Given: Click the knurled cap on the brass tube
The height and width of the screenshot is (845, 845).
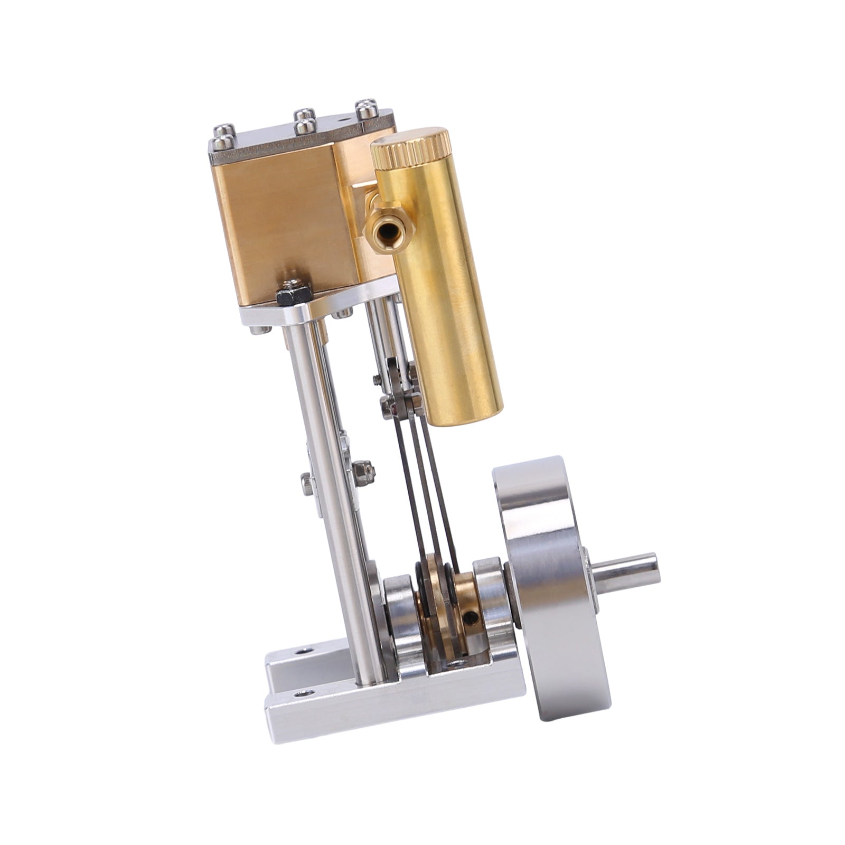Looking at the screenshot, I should pyautogui.click(x=410, y=144).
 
